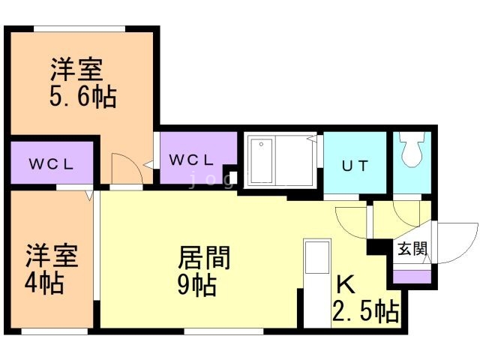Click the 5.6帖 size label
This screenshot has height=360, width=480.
[83, 98]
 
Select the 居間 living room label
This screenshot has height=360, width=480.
[203, 259]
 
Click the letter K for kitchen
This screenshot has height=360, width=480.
[344, 285]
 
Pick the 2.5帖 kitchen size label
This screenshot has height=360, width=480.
[365, 310]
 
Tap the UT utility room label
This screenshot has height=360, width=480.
[355, 166]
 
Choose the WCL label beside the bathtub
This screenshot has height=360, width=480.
[192, 160]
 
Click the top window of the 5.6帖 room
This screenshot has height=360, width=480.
[79, 28]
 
